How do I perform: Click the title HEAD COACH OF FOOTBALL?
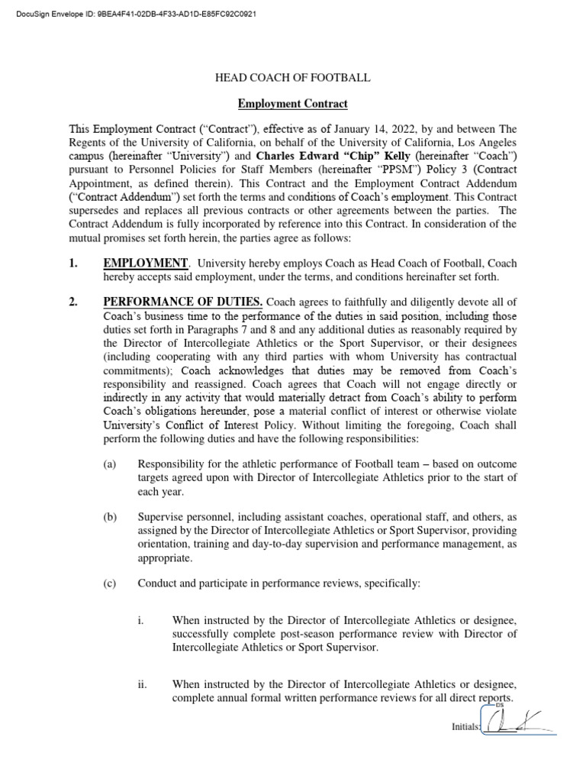pos(292,78)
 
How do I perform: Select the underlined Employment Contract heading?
pos(292,103)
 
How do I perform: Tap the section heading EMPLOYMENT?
pos(145,263)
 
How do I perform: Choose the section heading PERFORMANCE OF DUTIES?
pos(183,302)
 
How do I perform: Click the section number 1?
pos(74,263)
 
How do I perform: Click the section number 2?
pos(74,302)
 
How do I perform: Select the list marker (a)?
pos(110,464)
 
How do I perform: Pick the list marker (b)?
pos(110,517)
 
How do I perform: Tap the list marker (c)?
pos(110,584)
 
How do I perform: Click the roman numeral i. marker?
pos(140,620)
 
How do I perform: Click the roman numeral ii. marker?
pos(142,684)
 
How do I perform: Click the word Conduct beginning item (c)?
pos(157,584)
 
